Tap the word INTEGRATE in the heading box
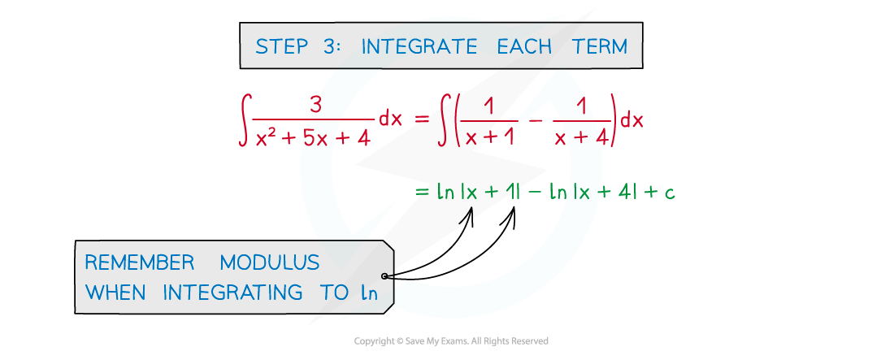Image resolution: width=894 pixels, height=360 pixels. tap(419, 46)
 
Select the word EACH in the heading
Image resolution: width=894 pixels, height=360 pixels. tap(524, 46)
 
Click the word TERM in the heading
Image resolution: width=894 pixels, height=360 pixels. tap(600, 46)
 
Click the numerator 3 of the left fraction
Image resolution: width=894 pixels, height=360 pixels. tap(315, 106)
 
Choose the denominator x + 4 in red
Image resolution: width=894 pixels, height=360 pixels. tap(581, 137)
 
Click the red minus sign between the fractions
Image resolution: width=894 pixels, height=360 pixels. tap(536, 121)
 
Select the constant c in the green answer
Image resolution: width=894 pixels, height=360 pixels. tap(669, 193)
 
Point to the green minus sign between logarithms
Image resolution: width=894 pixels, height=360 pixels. tap(535, 193)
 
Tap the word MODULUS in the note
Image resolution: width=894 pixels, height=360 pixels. tap(270, 262)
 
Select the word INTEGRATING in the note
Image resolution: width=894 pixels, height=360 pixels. tap(232, 293)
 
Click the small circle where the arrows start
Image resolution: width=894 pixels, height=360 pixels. tap(384, 276)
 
